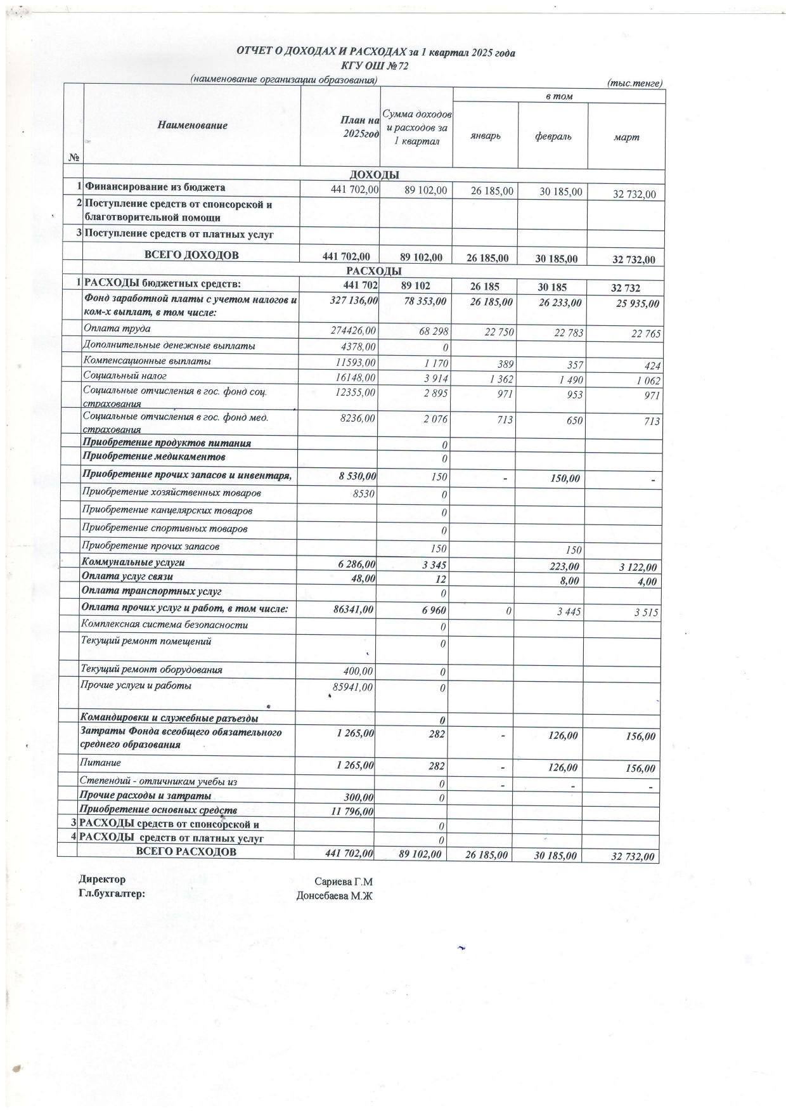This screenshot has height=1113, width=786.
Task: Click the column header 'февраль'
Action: pos(553,136)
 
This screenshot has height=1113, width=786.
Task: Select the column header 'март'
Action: pos(626,137)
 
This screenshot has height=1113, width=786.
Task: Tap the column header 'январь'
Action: pos(486,136)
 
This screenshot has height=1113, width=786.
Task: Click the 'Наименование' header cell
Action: pos(192,126)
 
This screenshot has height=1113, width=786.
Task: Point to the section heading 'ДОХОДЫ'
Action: pos(374,175)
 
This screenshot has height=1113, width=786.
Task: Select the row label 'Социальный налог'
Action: pos(116,376)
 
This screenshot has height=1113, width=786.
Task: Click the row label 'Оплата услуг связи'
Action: pos(127,576)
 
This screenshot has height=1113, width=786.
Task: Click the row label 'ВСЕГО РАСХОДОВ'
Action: pos(186,852)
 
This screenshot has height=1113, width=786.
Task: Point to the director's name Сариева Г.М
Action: pos(343,882)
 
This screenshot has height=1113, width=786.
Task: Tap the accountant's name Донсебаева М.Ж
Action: pos(334,896)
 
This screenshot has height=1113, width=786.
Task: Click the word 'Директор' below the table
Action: pos(102,880)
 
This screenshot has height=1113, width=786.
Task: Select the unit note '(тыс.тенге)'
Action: pos(634,83)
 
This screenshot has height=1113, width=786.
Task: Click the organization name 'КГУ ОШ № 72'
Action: pos(375,66)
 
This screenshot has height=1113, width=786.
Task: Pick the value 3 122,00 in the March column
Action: pos(637,568)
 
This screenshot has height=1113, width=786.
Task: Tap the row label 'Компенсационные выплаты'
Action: pos(147,361)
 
